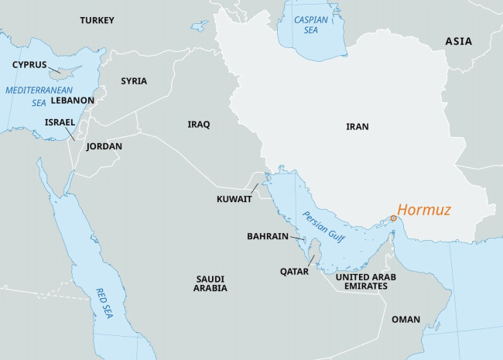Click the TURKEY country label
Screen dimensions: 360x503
pyautogui.click(x=97, y=20)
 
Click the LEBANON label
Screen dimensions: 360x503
pyautogui.click(x=73, y=101)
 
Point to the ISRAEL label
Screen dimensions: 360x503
pyautogui.click(x=60, y=122)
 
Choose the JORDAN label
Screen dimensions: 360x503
pyautogui.click(x=104, y=146)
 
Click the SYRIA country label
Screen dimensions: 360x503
pyautogui.click(x=134, y=81)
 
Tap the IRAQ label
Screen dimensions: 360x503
pyautogui.click(x=199, y=124)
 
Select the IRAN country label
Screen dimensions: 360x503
pyautogui.click(x=358, y=126)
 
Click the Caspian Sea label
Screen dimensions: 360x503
pyautogui.click(x=310, y=26)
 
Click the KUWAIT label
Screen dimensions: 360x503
pyautogui.click(x=234, y=199)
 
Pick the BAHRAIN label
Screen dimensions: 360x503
pyautogui.click(x=268, y=235)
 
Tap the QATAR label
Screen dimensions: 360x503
pyautogui.click(x=295, y=272)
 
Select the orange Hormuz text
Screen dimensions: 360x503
pyautogui.click(x=423, y=210)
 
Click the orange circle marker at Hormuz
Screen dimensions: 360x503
pyautogui.click(x=393, y=219)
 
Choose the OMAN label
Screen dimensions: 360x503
pyautogui.click(x=406, y=319)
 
